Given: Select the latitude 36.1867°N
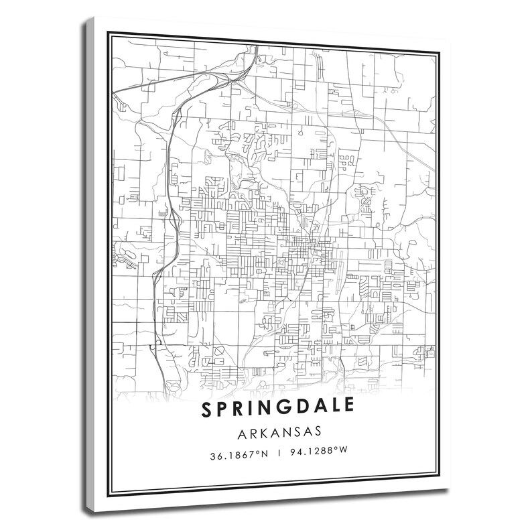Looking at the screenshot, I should (x=239, y=454).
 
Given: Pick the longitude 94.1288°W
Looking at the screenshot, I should (x=318, y=454).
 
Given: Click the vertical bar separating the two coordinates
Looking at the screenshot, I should (x=279, y=454).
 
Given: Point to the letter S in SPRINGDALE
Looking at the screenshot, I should (x=204, y=408).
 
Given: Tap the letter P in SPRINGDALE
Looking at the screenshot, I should (x=221, y=408).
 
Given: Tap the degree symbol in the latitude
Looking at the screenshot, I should (x=257, y=452).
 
